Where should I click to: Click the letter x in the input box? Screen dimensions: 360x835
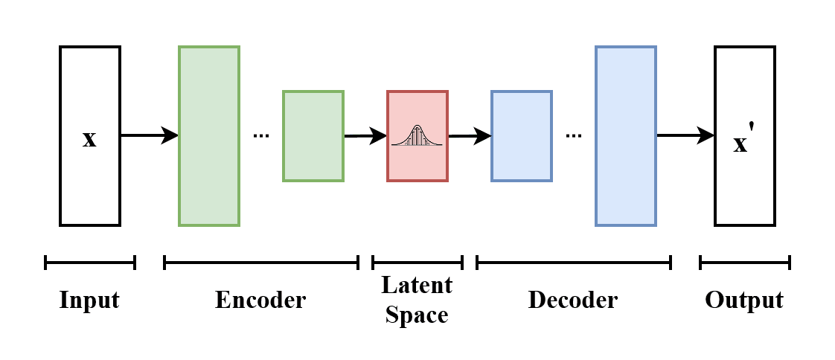pyautogui.click(x=89, y=138)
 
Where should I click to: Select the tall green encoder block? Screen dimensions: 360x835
pyautogui.click(x=209, y=136)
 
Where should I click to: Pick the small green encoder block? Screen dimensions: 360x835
pyautogui.click(x=313, y=136)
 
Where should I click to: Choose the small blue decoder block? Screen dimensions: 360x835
pyautogui.click(x=522, y=136)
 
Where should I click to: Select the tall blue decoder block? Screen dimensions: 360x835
pyautogui.click(x=626, y=136)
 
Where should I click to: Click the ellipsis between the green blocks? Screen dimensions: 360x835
pyautogui.click(x=260, y=136)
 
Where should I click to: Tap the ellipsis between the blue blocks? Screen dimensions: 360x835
pyautogui.click(x=573, y=136)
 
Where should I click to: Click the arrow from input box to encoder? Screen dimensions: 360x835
pyautogui.click(x=149, y=135)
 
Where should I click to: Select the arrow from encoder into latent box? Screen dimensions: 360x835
pyautogui.click(x=365, y=136)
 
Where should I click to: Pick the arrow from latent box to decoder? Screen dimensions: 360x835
pyautogui.click(x=470, y=136)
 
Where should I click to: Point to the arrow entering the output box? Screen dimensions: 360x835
pyautogui.click(x=685, y=135)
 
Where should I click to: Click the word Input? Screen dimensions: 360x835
pyautogui.click(x=89, y=300)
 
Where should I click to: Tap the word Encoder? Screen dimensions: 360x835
pyautogui.click(x=260, y=300)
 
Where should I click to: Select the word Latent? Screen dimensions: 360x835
pyautogui.click(x=417, y=286)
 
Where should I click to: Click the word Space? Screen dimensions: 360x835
pyautogui.click(x=417, y=315)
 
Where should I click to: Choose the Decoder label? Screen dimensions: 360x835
pyautogui.click(x=573, y=300)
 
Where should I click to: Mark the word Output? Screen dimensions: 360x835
pyautogui.click(x=744, y=300)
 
